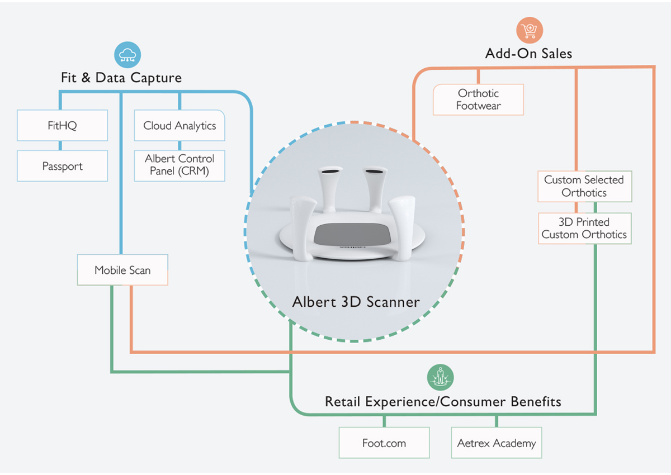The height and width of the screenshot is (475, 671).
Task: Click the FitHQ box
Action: (x=62, y=125)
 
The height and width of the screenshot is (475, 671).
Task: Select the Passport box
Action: (x=62, y=166)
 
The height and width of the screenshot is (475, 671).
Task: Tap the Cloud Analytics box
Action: (x=179, y=125)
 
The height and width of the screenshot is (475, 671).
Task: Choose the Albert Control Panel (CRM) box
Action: (x=179, y=165)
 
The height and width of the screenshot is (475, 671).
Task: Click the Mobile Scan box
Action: (x=122, y=270)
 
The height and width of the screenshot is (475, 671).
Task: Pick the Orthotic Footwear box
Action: (x=478, y=99)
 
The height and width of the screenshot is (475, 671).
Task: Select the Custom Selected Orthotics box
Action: (x=584, y=186)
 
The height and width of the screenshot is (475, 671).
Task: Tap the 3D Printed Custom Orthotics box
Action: (x=584, y=228)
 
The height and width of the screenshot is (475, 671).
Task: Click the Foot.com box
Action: (x=384, y=443)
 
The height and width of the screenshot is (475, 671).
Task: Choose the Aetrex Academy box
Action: (x=497, y=443)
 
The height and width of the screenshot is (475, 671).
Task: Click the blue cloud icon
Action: (x=127, y=55)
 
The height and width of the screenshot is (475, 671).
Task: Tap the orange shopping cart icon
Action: (x=529, y=30)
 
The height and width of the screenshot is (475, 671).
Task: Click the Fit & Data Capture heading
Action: (x=121, y=78)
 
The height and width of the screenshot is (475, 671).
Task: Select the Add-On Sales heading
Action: (x=528, y=54)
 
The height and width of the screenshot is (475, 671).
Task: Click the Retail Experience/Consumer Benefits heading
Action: (x=443, y=402)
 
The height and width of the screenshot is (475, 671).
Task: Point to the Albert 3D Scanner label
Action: (x=356, y=302)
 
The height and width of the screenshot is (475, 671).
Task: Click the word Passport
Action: (x=62, y=166)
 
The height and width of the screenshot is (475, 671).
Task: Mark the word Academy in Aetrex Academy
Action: (x=514, y=443)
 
